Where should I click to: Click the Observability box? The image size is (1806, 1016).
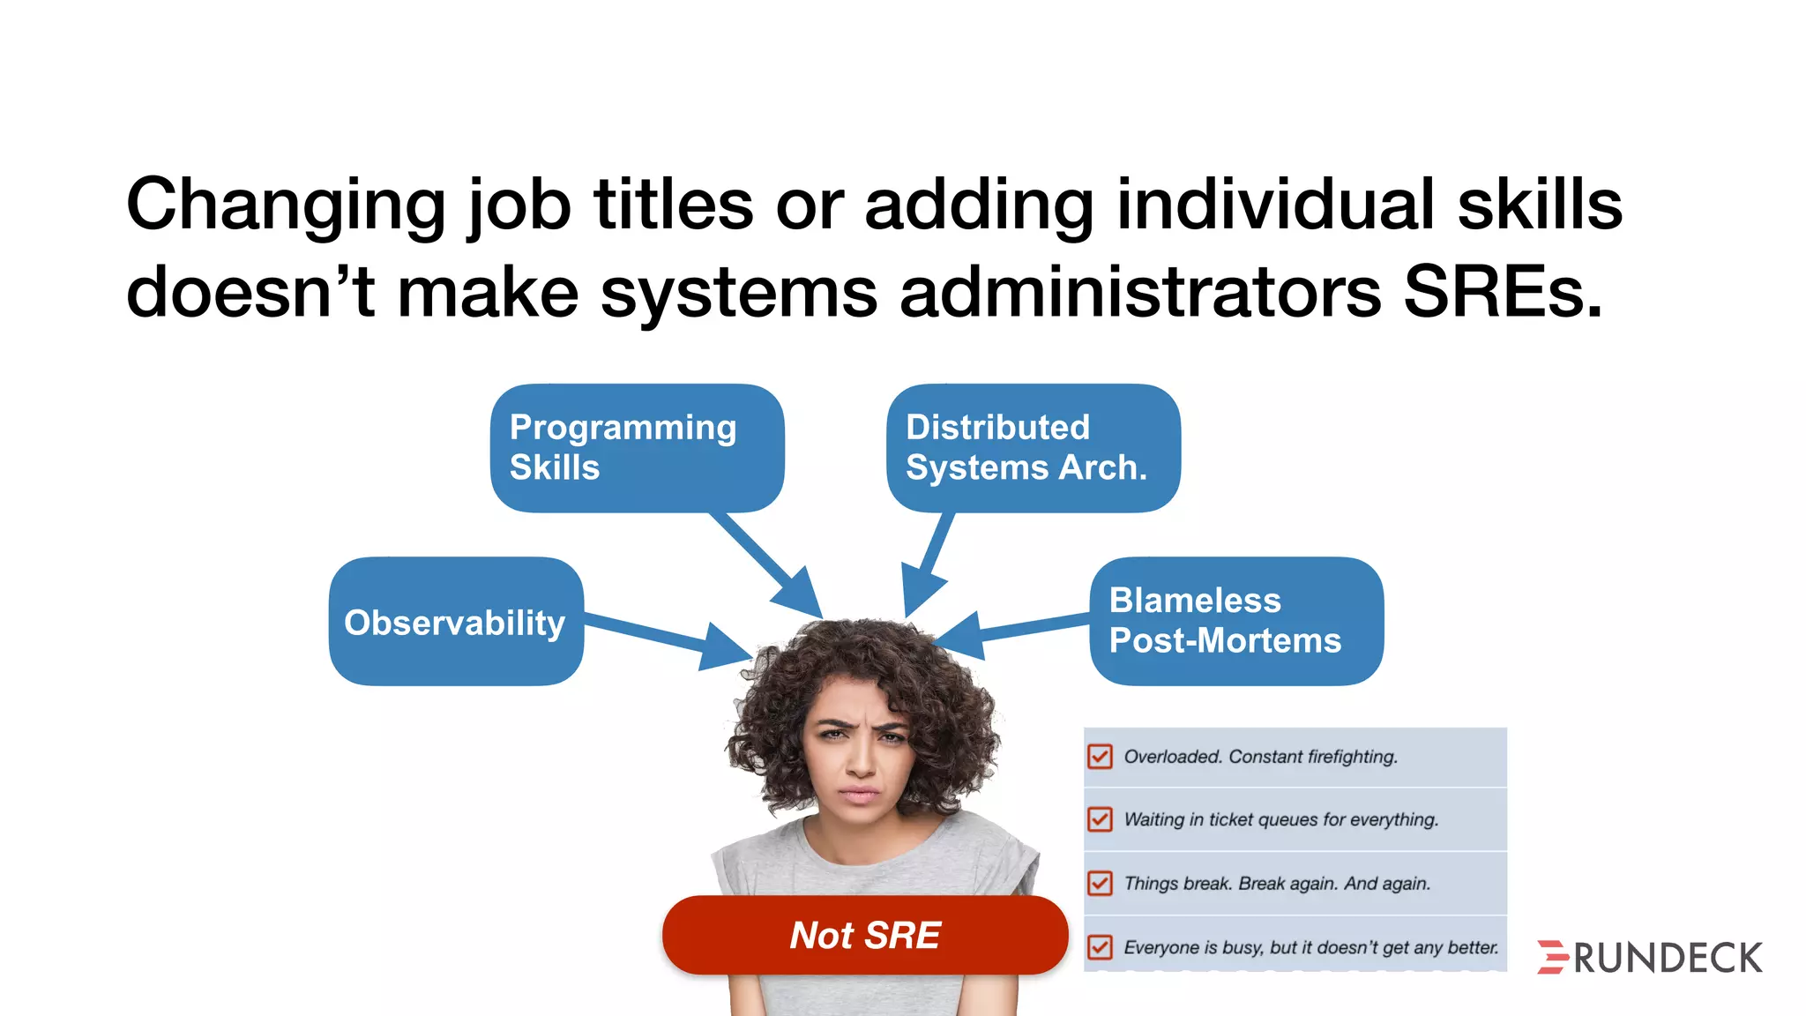coord(455,622)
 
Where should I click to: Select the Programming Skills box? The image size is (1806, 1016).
coord(637,447)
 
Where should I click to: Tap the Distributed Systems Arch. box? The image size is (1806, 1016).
coord(1033,447)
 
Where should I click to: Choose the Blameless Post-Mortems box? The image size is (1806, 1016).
coord(1235,621)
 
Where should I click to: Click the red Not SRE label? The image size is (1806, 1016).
coord(865,935)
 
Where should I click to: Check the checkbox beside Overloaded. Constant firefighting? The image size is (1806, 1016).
coord(1100,757)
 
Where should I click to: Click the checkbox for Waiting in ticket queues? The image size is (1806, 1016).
coord(1100,819)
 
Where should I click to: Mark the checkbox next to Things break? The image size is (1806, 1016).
coord(1100,883)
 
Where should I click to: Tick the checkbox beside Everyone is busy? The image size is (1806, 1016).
coord(1100,947)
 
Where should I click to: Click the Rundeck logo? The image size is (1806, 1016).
coord(1649,958)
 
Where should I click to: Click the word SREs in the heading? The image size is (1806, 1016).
coord(1503,292)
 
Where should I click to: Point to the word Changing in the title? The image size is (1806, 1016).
coord(286,205)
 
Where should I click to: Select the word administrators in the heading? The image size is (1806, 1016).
coord(1140,292)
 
